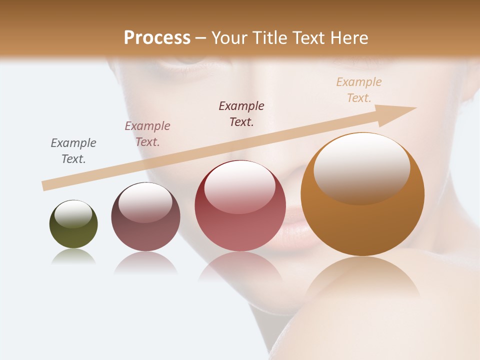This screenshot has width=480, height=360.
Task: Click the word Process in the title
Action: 157,37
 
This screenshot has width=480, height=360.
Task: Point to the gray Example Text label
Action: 73,150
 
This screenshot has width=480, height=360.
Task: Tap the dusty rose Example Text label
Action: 147,133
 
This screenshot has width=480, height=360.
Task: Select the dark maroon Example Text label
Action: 241,113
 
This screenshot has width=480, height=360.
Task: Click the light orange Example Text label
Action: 359,89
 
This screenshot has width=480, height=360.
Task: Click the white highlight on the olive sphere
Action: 73,213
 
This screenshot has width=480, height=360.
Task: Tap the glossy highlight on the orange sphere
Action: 361,167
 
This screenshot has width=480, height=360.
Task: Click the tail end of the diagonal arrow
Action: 45,185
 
